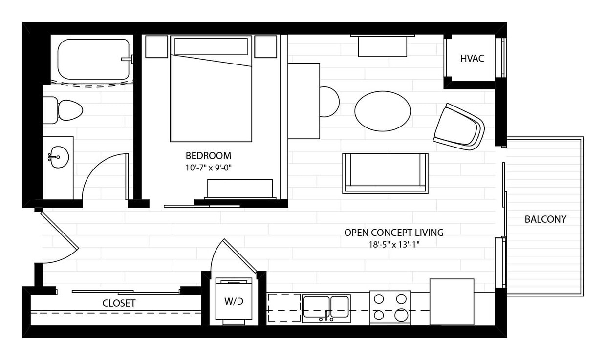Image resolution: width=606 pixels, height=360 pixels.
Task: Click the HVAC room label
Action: [472, 59]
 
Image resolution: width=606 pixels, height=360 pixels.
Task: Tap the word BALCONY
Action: [545, 219]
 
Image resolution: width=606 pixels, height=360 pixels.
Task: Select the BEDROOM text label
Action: [208, 156]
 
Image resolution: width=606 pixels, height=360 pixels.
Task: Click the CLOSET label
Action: [119, 303]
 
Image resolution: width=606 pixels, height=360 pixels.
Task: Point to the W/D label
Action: [234, 301]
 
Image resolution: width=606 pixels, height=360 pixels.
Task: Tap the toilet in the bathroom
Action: [65, 110]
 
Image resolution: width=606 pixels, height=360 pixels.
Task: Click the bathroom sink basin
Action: [59, 157]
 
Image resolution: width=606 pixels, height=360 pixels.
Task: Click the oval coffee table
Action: [382, 111]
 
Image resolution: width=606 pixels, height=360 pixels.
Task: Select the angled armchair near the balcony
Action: [458, 127]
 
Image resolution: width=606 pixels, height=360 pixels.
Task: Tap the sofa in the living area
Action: [385, 173]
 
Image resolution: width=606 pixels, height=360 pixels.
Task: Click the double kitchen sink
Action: [326, 308]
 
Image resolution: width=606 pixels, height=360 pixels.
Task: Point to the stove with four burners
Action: [390, 307]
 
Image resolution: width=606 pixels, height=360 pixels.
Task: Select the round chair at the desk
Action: [329, 102]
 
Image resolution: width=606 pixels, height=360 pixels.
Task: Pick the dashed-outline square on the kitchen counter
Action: [284, 308]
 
